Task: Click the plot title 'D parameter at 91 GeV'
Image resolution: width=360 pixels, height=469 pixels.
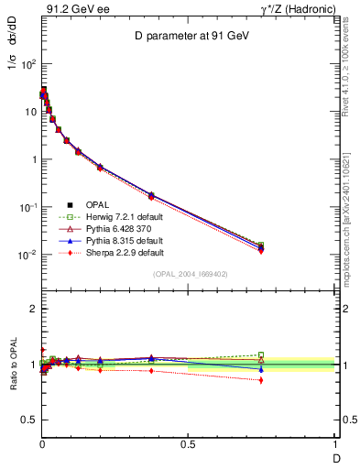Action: tap(189, 36)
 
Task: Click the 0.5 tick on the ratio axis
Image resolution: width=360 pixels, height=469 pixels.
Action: tap(30, 420)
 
